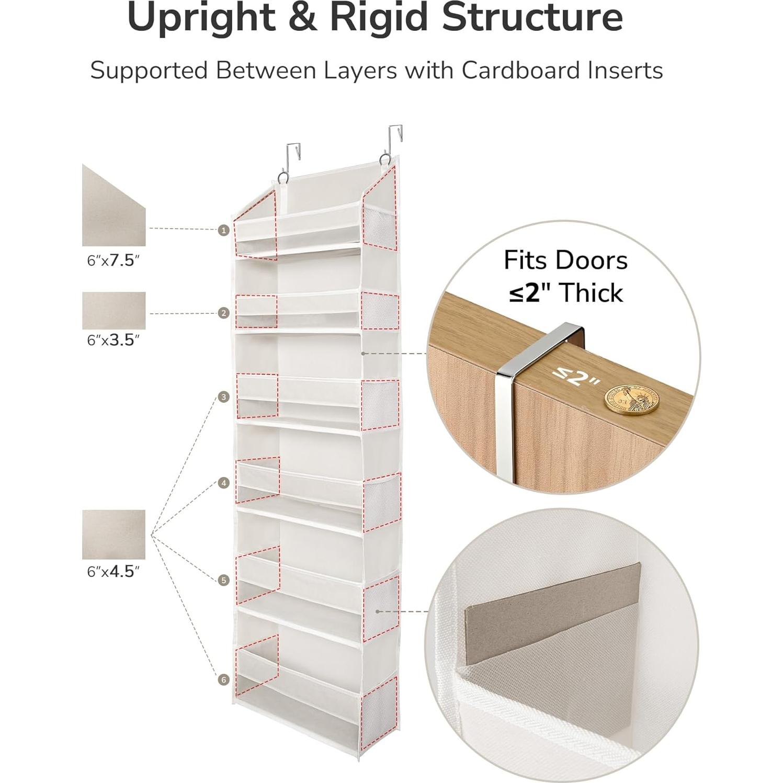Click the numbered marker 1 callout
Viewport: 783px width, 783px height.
point(224,230)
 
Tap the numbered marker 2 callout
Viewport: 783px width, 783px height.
point(224,313)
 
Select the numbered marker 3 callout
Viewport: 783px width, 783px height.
point(224,397)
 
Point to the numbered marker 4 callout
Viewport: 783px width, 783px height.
point(224,483)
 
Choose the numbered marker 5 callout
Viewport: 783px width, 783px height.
point(224,580)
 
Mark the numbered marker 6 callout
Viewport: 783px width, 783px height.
point(224,679)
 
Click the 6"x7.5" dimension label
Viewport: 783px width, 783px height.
point(114,260)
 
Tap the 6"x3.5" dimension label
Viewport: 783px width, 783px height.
point(114,341)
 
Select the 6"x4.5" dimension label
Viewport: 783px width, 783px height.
point(114,572)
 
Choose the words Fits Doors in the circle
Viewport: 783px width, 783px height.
point(565,260)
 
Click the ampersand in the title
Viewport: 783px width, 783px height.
point(302,18)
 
